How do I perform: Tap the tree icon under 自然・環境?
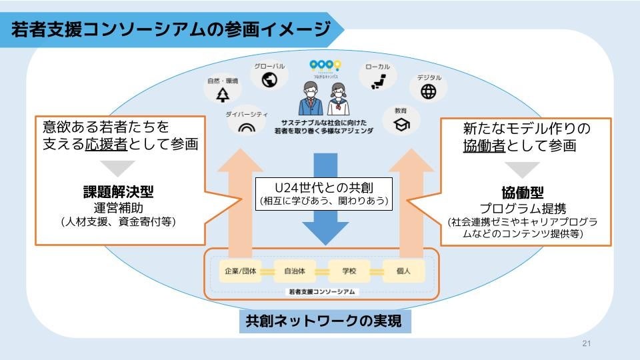(223, 95)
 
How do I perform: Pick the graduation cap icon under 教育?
(401, 124)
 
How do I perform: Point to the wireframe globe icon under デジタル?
(429, 92)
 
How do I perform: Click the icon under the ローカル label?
(377, 81)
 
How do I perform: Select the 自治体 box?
(294, 272)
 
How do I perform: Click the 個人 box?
(403, 272)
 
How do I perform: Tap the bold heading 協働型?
(522, 193)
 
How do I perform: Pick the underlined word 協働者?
(483, 145)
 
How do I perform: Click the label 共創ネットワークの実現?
(323, 322)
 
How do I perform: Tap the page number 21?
(587, 344)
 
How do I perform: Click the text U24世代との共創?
(325, 186)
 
